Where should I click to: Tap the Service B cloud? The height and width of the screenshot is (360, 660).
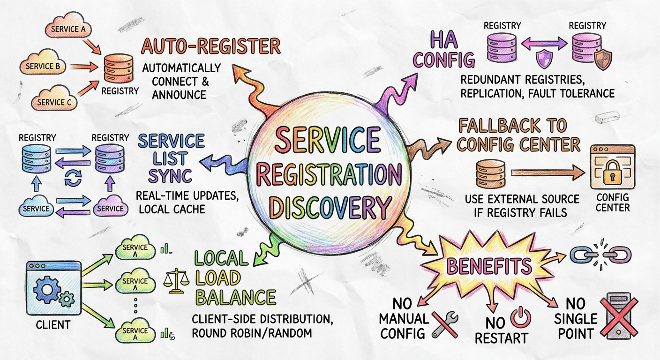[x=43, y=66]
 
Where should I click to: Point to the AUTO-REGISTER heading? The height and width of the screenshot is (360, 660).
[x=211, y=47]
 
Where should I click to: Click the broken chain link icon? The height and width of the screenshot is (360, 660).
[x=600, y=255]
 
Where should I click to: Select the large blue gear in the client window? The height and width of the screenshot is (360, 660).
[x=47, y=289]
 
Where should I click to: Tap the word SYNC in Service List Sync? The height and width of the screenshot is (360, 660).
[x=170, y=176]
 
